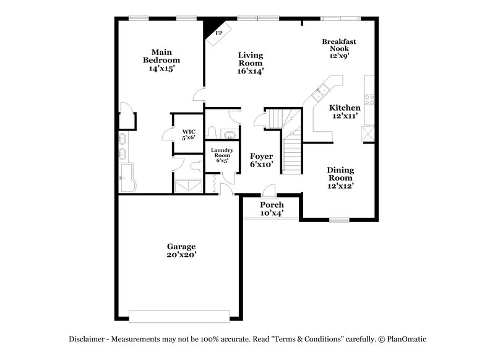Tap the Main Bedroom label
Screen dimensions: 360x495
pyautogui.click(x=161, y=61)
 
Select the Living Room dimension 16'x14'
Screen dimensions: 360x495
pyautogui.click(x=251, y=71)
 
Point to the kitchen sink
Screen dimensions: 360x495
pyautogui.click(x=321, y=94)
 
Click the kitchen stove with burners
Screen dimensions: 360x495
pyautogui.click(x=369, y=98)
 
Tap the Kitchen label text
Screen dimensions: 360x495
pyautogui.click(x=344, y=108)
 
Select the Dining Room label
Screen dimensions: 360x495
pyautogui.click(x=340, y=174)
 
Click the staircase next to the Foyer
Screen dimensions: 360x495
pyautogui.click(x=291, y=148)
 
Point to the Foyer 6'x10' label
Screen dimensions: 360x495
pyautogui.click(x=261, y=161)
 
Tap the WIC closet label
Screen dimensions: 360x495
pyautogui.click(x=189, y=135)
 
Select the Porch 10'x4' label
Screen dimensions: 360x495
pyautogui.click(x=272, y=209)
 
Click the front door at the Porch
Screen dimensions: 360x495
pyautogui.click(x=268, y=191)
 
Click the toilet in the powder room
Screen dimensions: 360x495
pyautogui.click(x=212, y=132)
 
